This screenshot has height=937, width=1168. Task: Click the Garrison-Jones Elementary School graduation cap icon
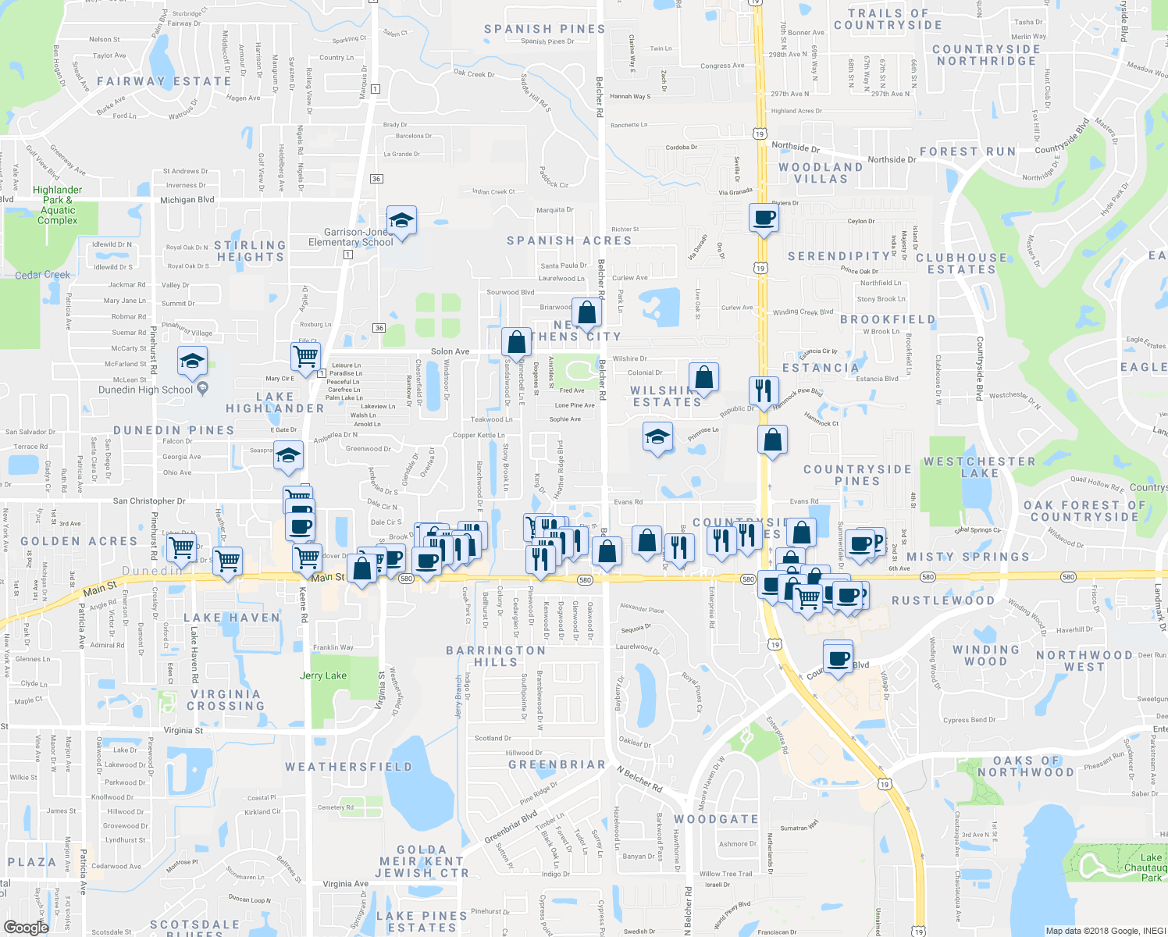tap(401, 221)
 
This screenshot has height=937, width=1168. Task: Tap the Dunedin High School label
tap(145, 390)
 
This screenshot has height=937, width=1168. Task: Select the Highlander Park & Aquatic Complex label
tap(57, 205)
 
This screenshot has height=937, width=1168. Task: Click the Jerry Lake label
tap(323, 675)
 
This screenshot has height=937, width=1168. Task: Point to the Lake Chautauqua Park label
tap(1145, 868)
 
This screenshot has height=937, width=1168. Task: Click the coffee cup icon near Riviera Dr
tap(764, 218)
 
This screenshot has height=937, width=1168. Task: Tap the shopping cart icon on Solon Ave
tap(305, 356)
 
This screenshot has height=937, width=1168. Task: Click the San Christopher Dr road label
tap(149, 501)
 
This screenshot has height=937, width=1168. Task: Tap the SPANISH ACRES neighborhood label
tap(569, 240)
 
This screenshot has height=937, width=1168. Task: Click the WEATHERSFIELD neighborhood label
tap(348, 767)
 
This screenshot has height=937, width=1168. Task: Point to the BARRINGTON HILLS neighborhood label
tap(496, 656)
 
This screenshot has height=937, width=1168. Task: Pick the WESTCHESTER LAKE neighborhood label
tap(979, 467)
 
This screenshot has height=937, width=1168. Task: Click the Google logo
tap(26, 928)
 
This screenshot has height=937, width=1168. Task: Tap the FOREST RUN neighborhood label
tap(967, 151)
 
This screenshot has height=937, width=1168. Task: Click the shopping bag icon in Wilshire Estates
tap(703, 377)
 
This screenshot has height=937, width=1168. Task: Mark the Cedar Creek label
tap(42, 275)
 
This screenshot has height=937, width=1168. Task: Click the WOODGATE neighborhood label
tap(716, 819)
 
